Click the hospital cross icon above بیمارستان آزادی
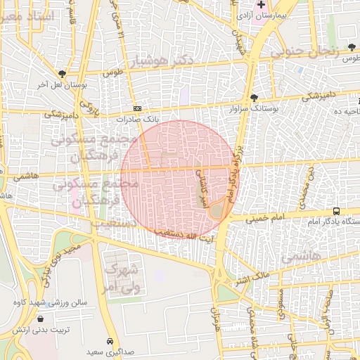point(262,5)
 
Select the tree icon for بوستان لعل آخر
point(63,73)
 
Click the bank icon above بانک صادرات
point(137,108)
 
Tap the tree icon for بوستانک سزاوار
point(253,98)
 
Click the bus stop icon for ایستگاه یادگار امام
point(336,210)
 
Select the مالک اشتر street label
point(250,280)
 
